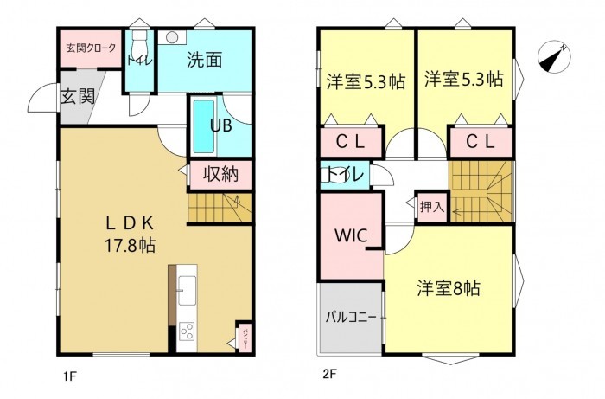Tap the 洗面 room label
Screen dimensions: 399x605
pyautogui.click(x=204, y=60)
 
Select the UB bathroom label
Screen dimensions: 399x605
pyautogui.click(x=220, y=124)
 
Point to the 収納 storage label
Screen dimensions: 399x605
pyautogui.click(x=221, y=174)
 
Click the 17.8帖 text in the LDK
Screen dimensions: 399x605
pyautogui.click(x=131, y=244)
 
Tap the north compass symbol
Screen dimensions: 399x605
pyautogui.click(x=552, y=57)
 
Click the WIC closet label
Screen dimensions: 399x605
pyautogui.click(x=351, y=234)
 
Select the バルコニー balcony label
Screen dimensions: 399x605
pyautogui.click(x=350, y=317)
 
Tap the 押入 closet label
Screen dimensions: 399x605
pyautogui.click(x=431, y=207)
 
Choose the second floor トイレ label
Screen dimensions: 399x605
pyautogui.click(x=344, y=174)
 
